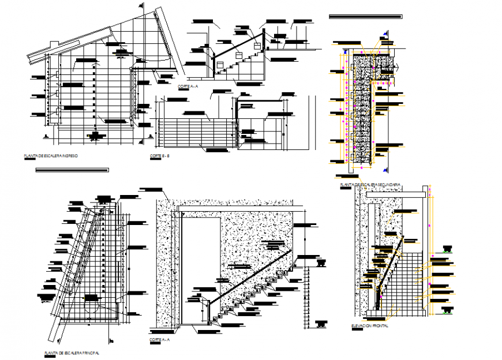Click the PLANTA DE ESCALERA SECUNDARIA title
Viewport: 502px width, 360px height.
[370, 185]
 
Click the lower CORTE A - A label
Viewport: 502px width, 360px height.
[159, 340]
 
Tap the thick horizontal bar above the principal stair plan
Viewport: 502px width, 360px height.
[72, 170]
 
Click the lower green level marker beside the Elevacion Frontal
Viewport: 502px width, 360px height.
[447, 311]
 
